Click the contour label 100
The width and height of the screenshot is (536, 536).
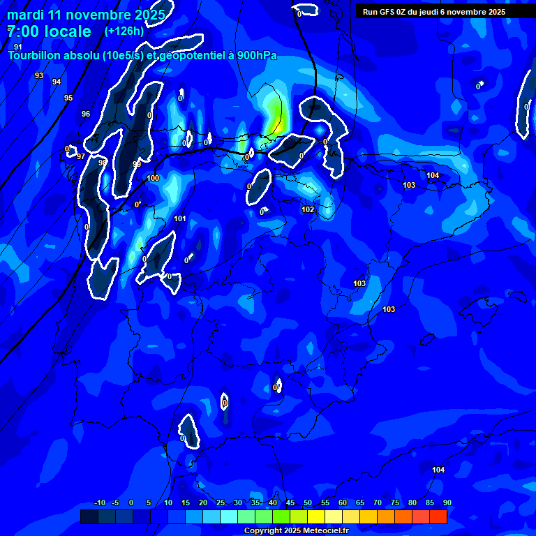[153, 178]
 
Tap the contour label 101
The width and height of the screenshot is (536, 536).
[180, 218]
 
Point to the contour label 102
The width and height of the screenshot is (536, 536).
[308, 209]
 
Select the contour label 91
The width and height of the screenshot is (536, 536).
[18, 47]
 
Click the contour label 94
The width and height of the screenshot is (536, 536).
[57, 82]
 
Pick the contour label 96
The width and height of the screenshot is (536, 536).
[86, 114]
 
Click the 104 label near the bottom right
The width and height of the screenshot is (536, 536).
[438, 470]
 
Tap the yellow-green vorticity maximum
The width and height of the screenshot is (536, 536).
[277, 115]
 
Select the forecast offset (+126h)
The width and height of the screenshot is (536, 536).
[124, 31]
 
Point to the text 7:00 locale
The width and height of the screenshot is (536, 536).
[49, 31]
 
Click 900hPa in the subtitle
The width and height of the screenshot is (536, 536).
[258, 55]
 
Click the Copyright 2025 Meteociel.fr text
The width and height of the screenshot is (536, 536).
[296, 530]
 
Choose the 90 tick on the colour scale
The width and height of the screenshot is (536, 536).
[447, 502]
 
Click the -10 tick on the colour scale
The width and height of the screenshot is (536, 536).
[99, 502]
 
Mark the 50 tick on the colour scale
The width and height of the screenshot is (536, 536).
[307, 502]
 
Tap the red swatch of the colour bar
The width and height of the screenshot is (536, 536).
[438, 516]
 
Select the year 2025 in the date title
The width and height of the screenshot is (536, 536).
[150, 15]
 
